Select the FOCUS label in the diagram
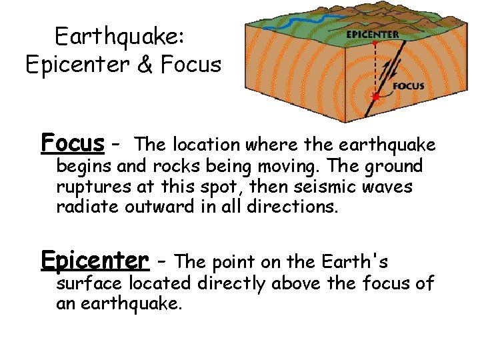click(x=409, y=86)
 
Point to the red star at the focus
click(x=376, y=97)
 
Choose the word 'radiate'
click(x=82, y=207)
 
